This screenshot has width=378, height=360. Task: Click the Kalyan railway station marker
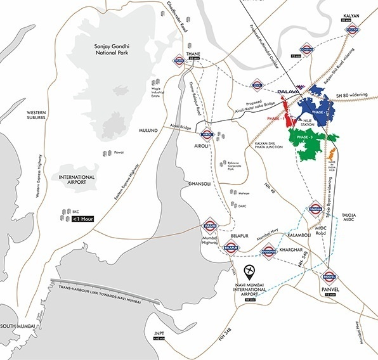(x=353, y=29)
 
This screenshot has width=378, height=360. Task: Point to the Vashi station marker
(x=210, y=226)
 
